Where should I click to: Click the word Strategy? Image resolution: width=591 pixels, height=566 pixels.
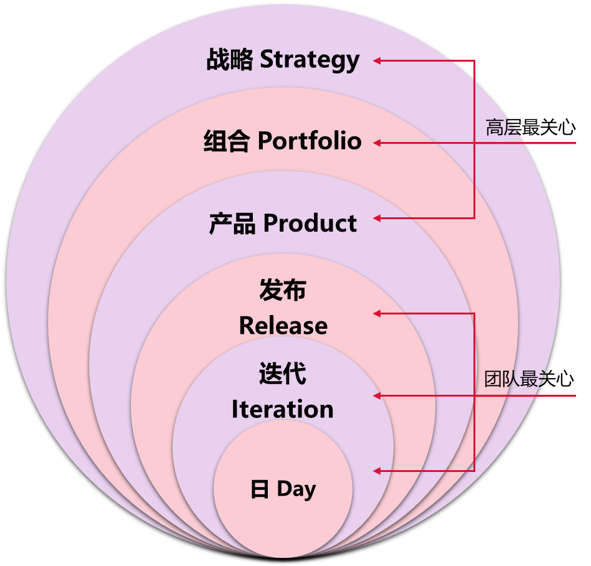point(310,60)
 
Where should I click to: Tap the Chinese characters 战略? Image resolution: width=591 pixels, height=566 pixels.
point(230,60)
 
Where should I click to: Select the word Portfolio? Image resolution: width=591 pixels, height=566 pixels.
point(310,141)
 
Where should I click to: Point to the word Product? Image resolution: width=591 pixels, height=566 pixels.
point(310,224)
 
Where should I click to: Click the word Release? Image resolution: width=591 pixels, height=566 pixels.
point(283,326)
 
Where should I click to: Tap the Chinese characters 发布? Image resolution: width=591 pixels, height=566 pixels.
point(283,291)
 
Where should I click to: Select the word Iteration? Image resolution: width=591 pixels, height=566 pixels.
point(283,410)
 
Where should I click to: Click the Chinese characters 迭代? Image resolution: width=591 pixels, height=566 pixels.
point(283,375)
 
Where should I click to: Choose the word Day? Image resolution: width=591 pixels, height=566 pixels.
point(296,489)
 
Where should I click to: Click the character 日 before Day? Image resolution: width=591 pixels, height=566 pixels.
point(260,490)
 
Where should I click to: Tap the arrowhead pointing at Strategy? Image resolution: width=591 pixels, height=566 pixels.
point(377,60)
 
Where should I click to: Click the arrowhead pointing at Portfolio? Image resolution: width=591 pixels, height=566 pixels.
point(377,143)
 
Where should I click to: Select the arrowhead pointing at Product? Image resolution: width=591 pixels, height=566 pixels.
point(377,218)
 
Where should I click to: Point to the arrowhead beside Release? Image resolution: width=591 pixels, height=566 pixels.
point(377,313)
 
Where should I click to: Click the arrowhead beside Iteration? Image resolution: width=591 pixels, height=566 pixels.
point(377,395)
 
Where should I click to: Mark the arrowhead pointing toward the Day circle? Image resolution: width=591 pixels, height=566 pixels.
point(377,471)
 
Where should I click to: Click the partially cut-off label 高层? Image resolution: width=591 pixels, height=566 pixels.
point(502,128)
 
